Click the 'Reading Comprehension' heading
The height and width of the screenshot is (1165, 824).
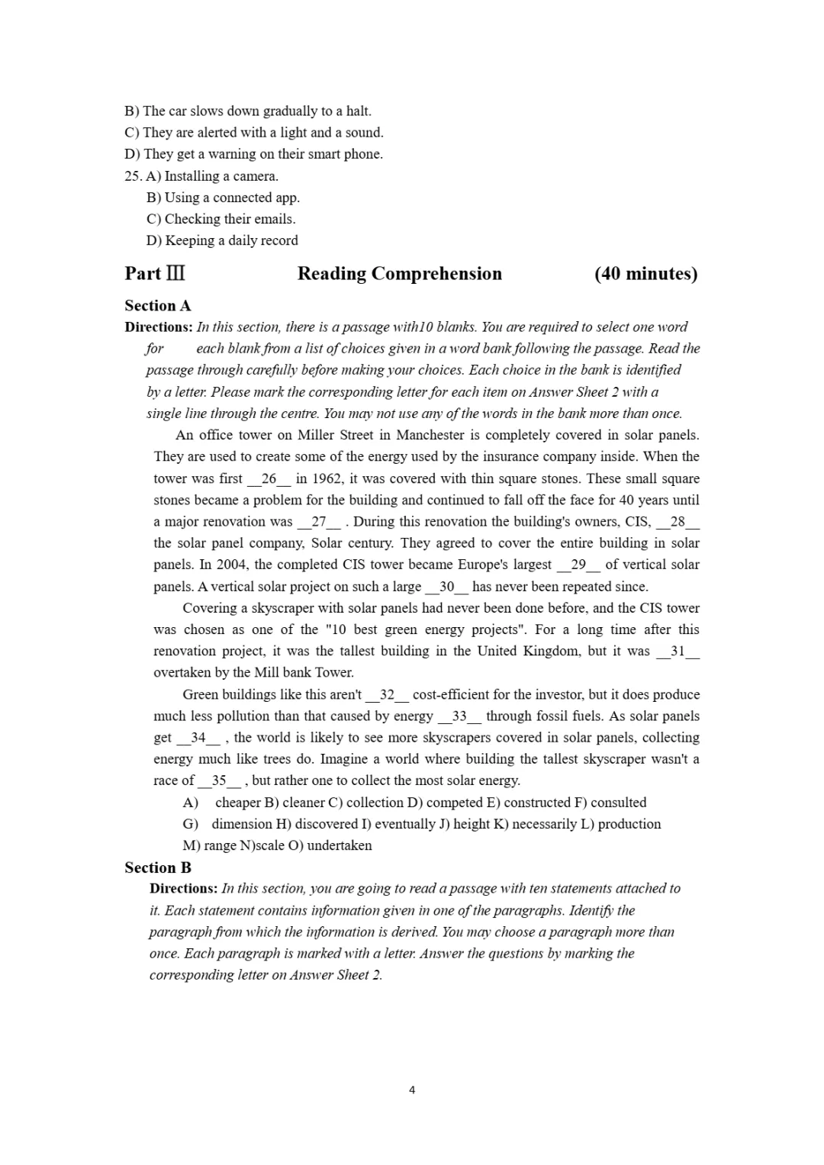coord(399,274)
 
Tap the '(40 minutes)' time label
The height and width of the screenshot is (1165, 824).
coord(645,274)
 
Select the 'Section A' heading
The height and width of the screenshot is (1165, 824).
coord(158,306)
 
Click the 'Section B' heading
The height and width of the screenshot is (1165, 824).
coord(158,867)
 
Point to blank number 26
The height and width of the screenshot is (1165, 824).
coord(269,479)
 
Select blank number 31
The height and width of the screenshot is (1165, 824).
coord(678,652)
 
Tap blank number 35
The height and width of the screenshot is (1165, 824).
coord(219,780)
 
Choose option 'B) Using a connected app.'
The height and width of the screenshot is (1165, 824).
coord(223,198)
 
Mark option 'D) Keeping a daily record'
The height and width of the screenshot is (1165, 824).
coord(222,240)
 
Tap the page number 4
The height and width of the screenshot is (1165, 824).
coord(412,1090)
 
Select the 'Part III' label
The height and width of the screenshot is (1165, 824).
coord(155,274)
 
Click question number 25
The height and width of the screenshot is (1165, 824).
coord(133,176)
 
